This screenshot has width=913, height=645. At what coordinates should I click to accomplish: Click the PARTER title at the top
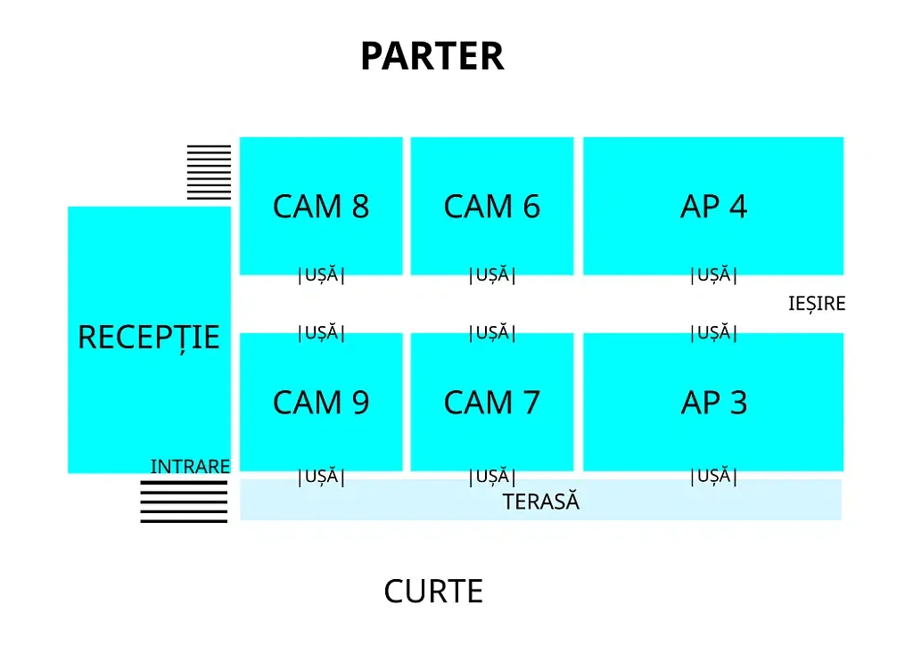coord(432,56)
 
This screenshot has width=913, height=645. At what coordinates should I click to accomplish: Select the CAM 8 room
coord(321,206)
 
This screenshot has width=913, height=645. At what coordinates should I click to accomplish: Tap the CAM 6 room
coord(492,206)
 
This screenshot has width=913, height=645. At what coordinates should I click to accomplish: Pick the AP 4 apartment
coord(713,206)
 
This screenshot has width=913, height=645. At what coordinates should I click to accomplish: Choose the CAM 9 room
coord(321,402)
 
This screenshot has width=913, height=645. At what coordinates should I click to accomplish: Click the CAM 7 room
coord(492,402)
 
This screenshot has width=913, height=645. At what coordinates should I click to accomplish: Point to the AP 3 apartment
coord(713,402)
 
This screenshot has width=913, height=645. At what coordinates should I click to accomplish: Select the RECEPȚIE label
coord(149,338)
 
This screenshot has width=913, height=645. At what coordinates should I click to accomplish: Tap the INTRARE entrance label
coord(190,467)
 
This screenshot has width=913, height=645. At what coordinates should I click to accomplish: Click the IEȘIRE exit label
coord(817,304)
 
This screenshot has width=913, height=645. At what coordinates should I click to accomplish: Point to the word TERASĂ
coord(541,501)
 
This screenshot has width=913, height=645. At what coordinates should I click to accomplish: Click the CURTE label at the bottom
coord(433,592)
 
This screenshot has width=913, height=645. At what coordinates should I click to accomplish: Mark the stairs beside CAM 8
coord(209,172)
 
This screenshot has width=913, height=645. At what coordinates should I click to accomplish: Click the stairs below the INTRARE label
coord(184,502)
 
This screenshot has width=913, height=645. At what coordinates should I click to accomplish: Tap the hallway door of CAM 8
coord(321,275)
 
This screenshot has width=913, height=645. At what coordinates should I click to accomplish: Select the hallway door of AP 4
coord(713,275)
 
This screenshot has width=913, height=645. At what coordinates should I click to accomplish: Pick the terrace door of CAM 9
coord(321,477)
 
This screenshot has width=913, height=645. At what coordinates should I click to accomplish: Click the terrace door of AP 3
coord(713,477)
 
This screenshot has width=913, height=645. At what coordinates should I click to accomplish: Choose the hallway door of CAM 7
coord(492,332)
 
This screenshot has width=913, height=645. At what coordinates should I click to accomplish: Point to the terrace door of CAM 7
coord(492,477)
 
